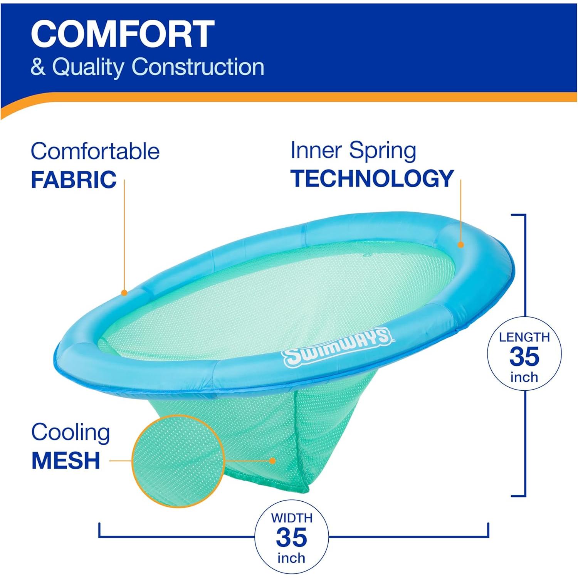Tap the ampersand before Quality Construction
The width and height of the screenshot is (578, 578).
pyautogui.click(x=38, y=66)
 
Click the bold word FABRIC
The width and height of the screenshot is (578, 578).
pyautogui.click(x=74, y=180)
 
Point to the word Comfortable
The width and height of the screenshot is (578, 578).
pyautogui.click(x=95, y=151)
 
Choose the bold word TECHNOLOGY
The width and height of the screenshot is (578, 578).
pyautogui.click(x=372, y=178)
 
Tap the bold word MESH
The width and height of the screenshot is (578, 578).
pyautogui.click(x=66, y=460)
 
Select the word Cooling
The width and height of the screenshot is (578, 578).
pyautogui.click(x=71, y=432)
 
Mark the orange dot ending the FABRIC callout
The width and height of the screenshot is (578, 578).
pyautogui.click(x=124, y=293)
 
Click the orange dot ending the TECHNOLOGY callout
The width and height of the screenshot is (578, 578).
pyautogui.click(x=460, y=244)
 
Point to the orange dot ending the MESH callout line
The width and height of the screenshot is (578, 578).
pyautogui.click(x=272, y=460)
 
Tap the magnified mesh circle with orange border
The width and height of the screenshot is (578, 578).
pyautogui.click(x=178, y=461)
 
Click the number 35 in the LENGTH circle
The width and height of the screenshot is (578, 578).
pyautogui.click(x=524, y=357)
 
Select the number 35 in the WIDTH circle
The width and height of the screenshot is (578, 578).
pyautogui.click(x=292, y=538)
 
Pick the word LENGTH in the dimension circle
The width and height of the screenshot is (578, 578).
pyautogui.click(x=524, y=337)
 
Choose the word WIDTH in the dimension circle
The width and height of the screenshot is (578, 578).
pyautogui.click(x=292, y=518)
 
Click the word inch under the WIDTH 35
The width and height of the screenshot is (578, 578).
pyautogui.click(x=291, y=558)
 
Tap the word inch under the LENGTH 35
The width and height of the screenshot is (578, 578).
pyautogui.click(x=524, y=377)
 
